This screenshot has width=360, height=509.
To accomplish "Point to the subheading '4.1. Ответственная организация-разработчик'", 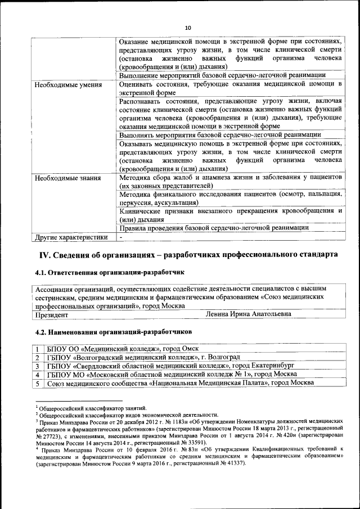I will [x=110, y=272].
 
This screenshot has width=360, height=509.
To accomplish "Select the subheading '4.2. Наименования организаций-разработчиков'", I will [x=113, y=332].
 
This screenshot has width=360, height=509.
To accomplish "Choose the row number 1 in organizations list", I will [x=37, y=349].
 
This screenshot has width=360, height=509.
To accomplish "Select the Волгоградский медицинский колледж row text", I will [x=143, y=357].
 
